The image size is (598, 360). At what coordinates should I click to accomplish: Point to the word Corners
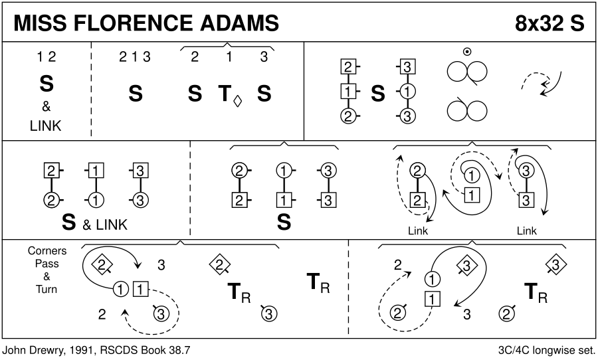coord(47,251)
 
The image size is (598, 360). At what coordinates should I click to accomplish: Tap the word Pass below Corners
coord(47,264)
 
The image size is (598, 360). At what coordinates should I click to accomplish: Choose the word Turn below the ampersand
coord(47,289)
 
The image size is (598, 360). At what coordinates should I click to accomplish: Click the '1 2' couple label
coord(47,57)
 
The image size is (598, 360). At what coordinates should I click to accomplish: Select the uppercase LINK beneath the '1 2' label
coord(45,126)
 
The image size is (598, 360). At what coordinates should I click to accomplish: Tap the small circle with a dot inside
coord(467,52)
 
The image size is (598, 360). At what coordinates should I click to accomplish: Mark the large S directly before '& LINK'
coord(68,223)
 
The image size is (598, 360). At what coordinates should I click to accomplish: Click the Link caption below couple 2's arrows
coord(418,231)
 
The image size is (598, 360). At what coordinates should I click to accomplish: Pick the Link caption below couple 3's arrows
coord(526,231)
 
